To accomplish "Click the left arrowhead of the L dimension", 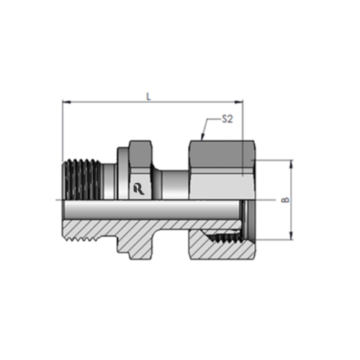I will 66,102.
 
